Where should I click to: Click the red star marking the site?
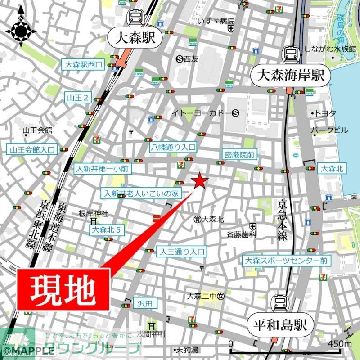[x=200, y=181]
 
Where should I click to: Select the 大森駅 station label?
[x=135, y=38]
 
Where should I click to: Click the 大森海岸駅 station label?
[x=291, y=75]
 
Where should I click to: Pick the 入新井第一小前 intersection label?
[x=103, y=169]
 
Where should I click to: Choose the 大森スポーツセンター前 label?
[x=286, y=261]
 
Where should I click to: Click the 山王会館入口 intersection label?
[x=32, y=149]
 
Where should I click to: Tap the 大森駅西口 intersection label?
[x=84, y=65]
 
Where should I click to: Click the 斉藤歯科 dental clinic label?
[x=241, y=234]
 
